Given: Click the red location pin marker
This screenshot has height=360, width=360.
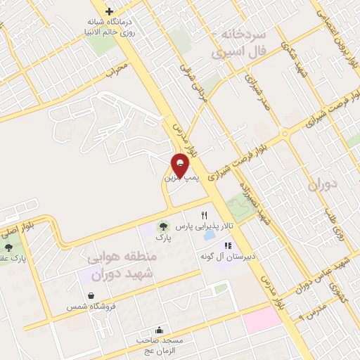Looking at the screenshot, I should pos(181,165).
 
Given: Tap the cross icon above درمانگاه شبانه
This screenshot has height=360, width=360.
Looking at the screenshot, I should pos(109,11).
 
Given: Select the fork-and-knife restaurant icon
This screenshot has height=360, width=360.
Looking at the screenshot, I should pos(205,215).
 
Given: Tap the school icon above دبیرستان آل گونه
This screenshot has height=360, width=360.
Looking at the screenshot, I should pos(227,245).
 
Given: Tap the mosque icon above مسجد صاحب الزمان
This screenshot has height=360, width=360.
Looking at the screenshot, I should pos(160,330).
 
